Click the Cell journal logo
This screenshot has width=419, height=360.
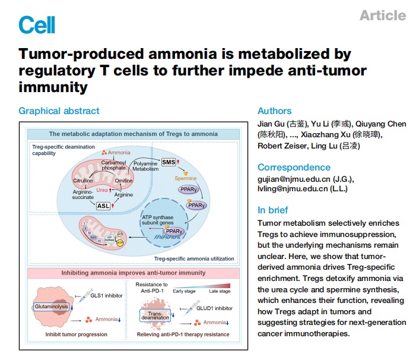[37, 24]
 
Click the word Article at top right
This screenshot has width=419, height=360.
[383, 15]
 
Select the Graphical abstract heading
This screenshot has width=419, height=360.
[59, 110]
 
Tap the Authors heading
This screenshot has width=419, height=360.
[274, 111]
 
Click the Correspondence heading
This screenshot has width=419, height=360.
[294, 168]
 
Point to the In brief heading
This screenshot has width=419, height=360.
[273, 210]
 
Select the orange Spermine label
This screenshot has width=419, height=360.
[185, 178]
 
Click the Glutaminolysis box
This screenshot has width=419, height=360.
[52, 307]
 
